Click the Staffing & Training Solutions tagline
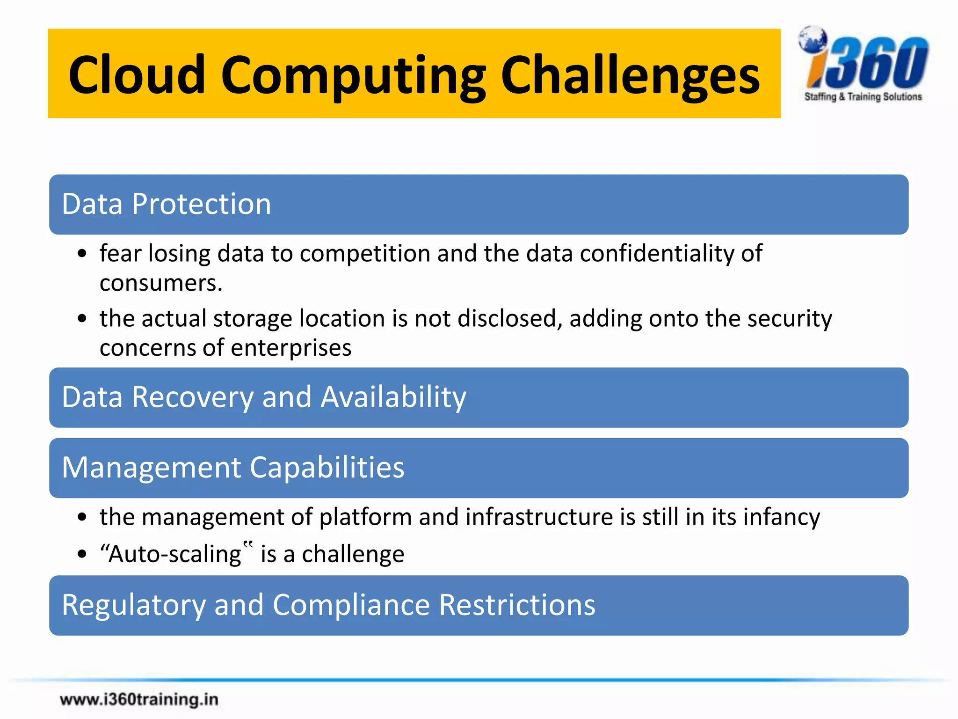pyautogui.click(x=863, y=96)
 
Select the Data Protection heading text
pyautogui.click(x=166, y=204)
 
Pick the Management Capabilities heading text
pyautogui.click(x=233, y=468)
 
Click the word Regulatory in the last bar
pyautogui.click(x=133, y=605)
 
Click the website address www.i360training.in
pyautogui.click(x=139, y=699)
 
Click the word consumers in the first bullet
pyautogui.click(x=160, y=283)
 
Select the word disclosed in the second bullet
pyautogui.click(x=509, y=319)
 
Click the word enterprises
pyautogui.click(x=291, y=348)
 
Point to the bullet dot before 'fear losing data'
pyautogui.click(x=82, y=254)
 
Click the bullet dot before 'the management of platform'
pyautogui.click(x=82, y=518)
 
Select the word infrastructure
pyautogui.click(x=539, y=517)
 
